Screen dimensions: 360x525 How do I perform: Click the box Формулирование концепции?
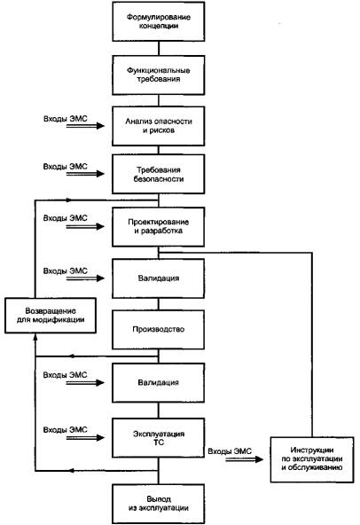point(159,21)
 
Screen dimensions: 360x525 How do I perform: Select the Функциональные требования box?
point(159,75)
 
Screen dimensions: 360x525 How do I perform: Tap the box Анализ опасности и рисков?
point(159,126)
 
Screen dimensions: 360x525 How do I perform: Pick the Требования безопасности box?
point(159,174)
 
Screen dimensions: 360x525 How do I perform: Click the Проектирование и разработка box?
point(159,227)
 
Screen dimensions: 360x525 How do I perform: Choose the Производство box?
point(159,330)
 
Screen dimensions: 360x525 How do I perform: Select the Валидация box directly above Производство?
point(159,278)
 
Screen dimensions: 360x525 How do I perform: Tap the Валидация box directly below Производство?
point(159,383)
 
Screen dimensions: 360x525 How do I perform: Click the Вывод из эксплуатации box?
point(159,504)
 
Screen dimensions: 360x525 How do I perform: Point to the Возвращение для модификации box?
point(51,316)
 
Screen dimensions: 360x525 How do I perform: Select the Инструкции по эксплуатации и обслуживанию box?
point(312,459)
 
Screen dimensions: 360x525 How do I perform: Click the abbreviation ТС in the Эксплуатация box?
point(159,443)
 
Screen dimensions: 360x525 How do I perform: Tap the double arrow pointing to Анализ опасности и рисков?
point(85,126)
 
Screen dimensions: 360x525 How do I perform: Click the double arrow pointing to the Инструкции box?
point(245,459)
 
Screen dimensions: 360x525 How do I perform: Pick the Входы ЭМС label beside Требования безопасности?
point(66,167)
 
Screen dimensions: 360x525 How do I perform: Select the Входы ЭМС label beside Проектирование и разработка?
point(66,218)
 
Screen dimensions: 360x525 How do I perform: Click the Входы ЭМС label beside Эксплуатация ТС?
point(66,429)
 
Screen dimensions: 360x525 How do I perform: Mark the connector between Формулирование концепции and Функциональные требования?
point(159,49)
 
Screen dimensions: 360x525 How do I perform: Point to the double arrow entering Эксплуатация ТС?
point(85,437)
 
